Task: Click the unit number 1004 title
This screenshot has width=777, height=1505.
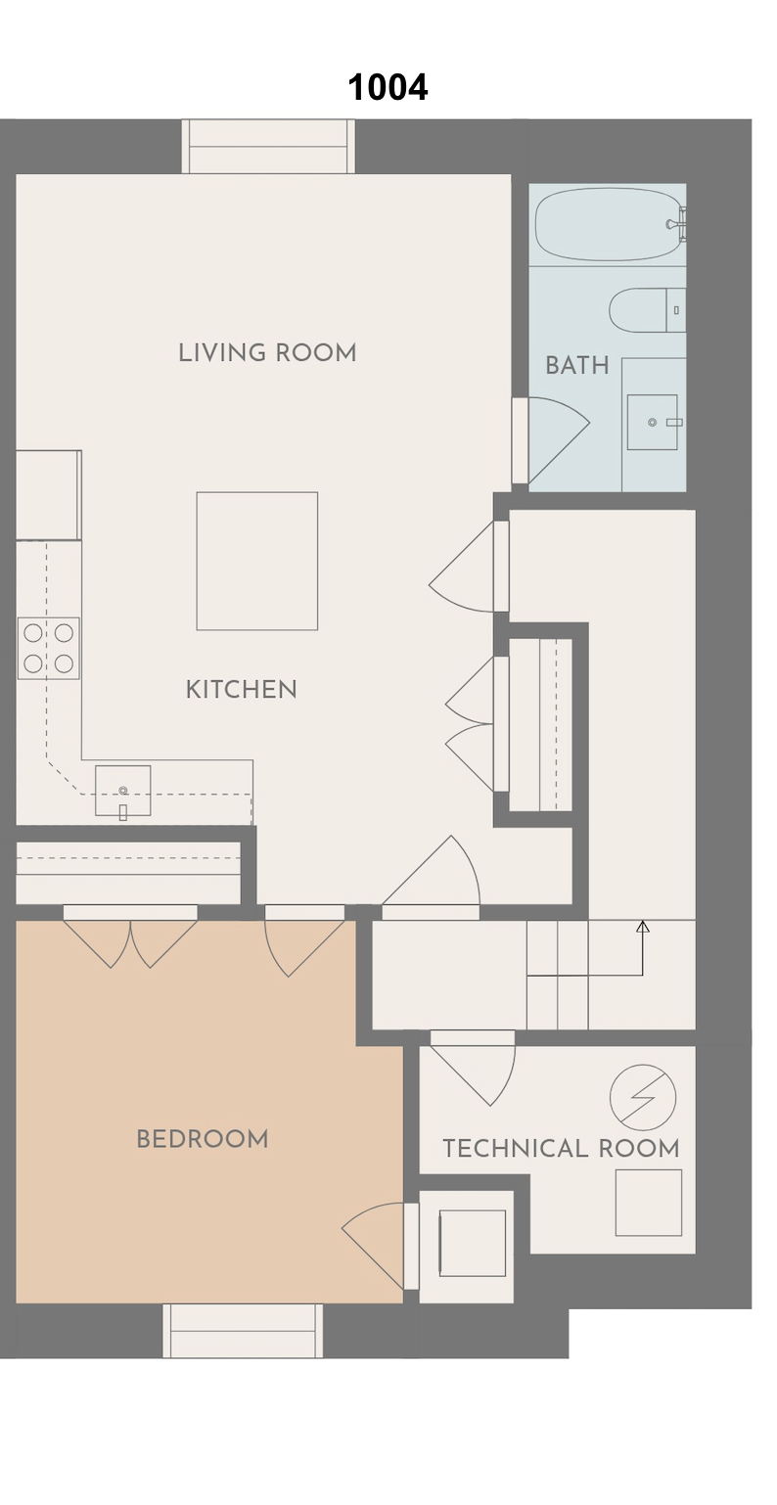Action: (x=388, y=87)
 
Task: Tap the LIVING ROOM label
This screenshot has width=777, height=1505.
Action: (x=267, y=352)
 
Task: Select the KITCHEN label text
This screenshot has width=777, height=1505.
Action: (x=241, y=689)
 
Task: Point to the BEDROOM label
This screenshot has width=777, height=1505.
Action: (x=203, y=1139)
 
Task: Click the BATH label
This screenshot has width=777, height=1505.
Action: (x=576, y=366)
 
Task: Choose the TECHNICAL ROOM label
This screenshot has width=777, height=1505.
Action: (x=561, y=1148)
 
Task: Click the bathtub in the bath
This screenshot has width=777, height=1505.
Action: (x=609, y=224)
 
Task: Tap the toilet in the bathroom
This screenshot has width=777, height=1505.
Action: (x=647, y=310)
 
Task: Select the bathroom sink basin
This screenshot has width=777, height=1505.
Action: (x=652, y=422)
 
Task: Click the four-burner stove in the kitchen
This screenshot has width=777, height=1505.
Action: (x=48, y=649)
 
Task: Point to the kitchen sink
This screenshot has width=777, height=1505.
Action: (x=122, y=791)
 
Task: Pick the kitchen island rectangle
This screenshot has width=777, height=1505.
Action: (x=256, y=561)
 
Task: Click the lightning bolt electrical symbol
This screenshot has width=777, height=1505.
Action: (x=643, y=1097)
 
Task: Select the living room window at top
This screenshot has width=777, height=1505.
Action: (x=268, y=147)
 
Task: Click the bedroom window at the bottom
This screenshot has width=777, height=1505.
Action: (x=243, y=1330)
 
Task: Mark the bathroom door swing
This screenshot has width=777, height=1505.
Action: (x=559, y=440)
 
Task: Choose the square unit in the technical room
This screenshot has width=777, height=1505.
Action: (x=649, y=1203)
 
